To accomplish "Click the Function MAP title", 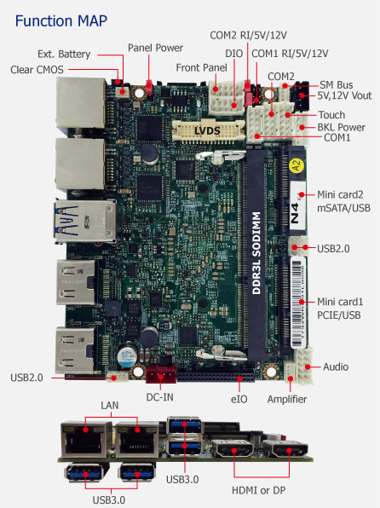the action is tap(61, 21).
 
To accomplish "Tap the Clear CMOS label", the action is tap(37, 70).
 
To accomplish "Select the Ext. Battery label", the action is tap(64, 54).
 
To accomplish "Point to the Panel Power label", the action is tap(155, 48).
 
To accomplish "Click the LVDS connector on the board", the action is tap(208, 130).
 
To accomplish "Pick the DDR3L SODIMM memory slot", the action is tap(256, 252).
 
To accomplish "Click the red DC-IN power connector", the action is tap(161, 375).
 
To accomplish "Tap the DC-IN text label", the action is tap(159, 397).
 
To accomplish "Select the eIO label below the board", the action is tap(239, 399).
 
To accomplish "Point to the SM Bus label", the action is tap(337, 85).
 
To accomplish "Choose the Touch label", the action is tap(331, 115).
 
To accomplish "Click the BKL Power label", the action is tap(341, 127).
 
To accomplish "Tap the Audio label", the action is tap(336, 367).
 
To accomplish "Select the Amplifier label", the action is tap(287, 399).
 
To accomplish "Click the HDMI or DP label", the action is tap(258, 490).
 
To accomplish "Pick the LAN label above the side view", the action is tap(110, 406).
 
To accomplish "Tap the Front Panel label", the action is tap(201, 67).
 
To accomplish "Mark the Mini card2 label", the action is tap(340, 194).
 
